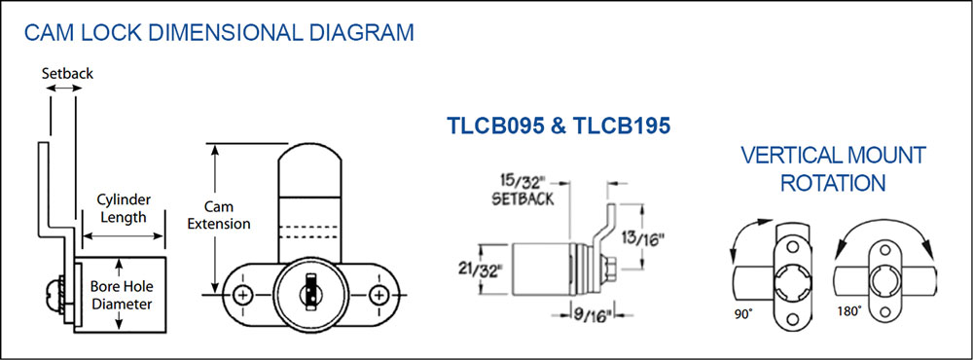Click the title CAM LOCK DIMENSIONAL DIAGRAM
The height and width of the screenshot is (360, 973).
[218, 32]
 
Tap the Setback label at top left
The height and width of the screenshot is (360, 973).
[68, 73]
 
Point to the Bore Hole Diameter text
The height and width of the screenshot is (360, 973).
[122, 296]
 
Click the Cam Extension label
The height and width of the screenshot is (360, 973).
[219, 215]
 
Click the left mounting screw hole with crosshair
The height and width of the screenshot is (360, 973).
[243, 295]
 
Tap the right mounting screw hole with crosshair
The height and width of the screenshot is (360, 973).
[378, 295]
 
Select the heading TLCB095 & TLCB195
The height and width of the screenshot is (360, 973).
[559, 126]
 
